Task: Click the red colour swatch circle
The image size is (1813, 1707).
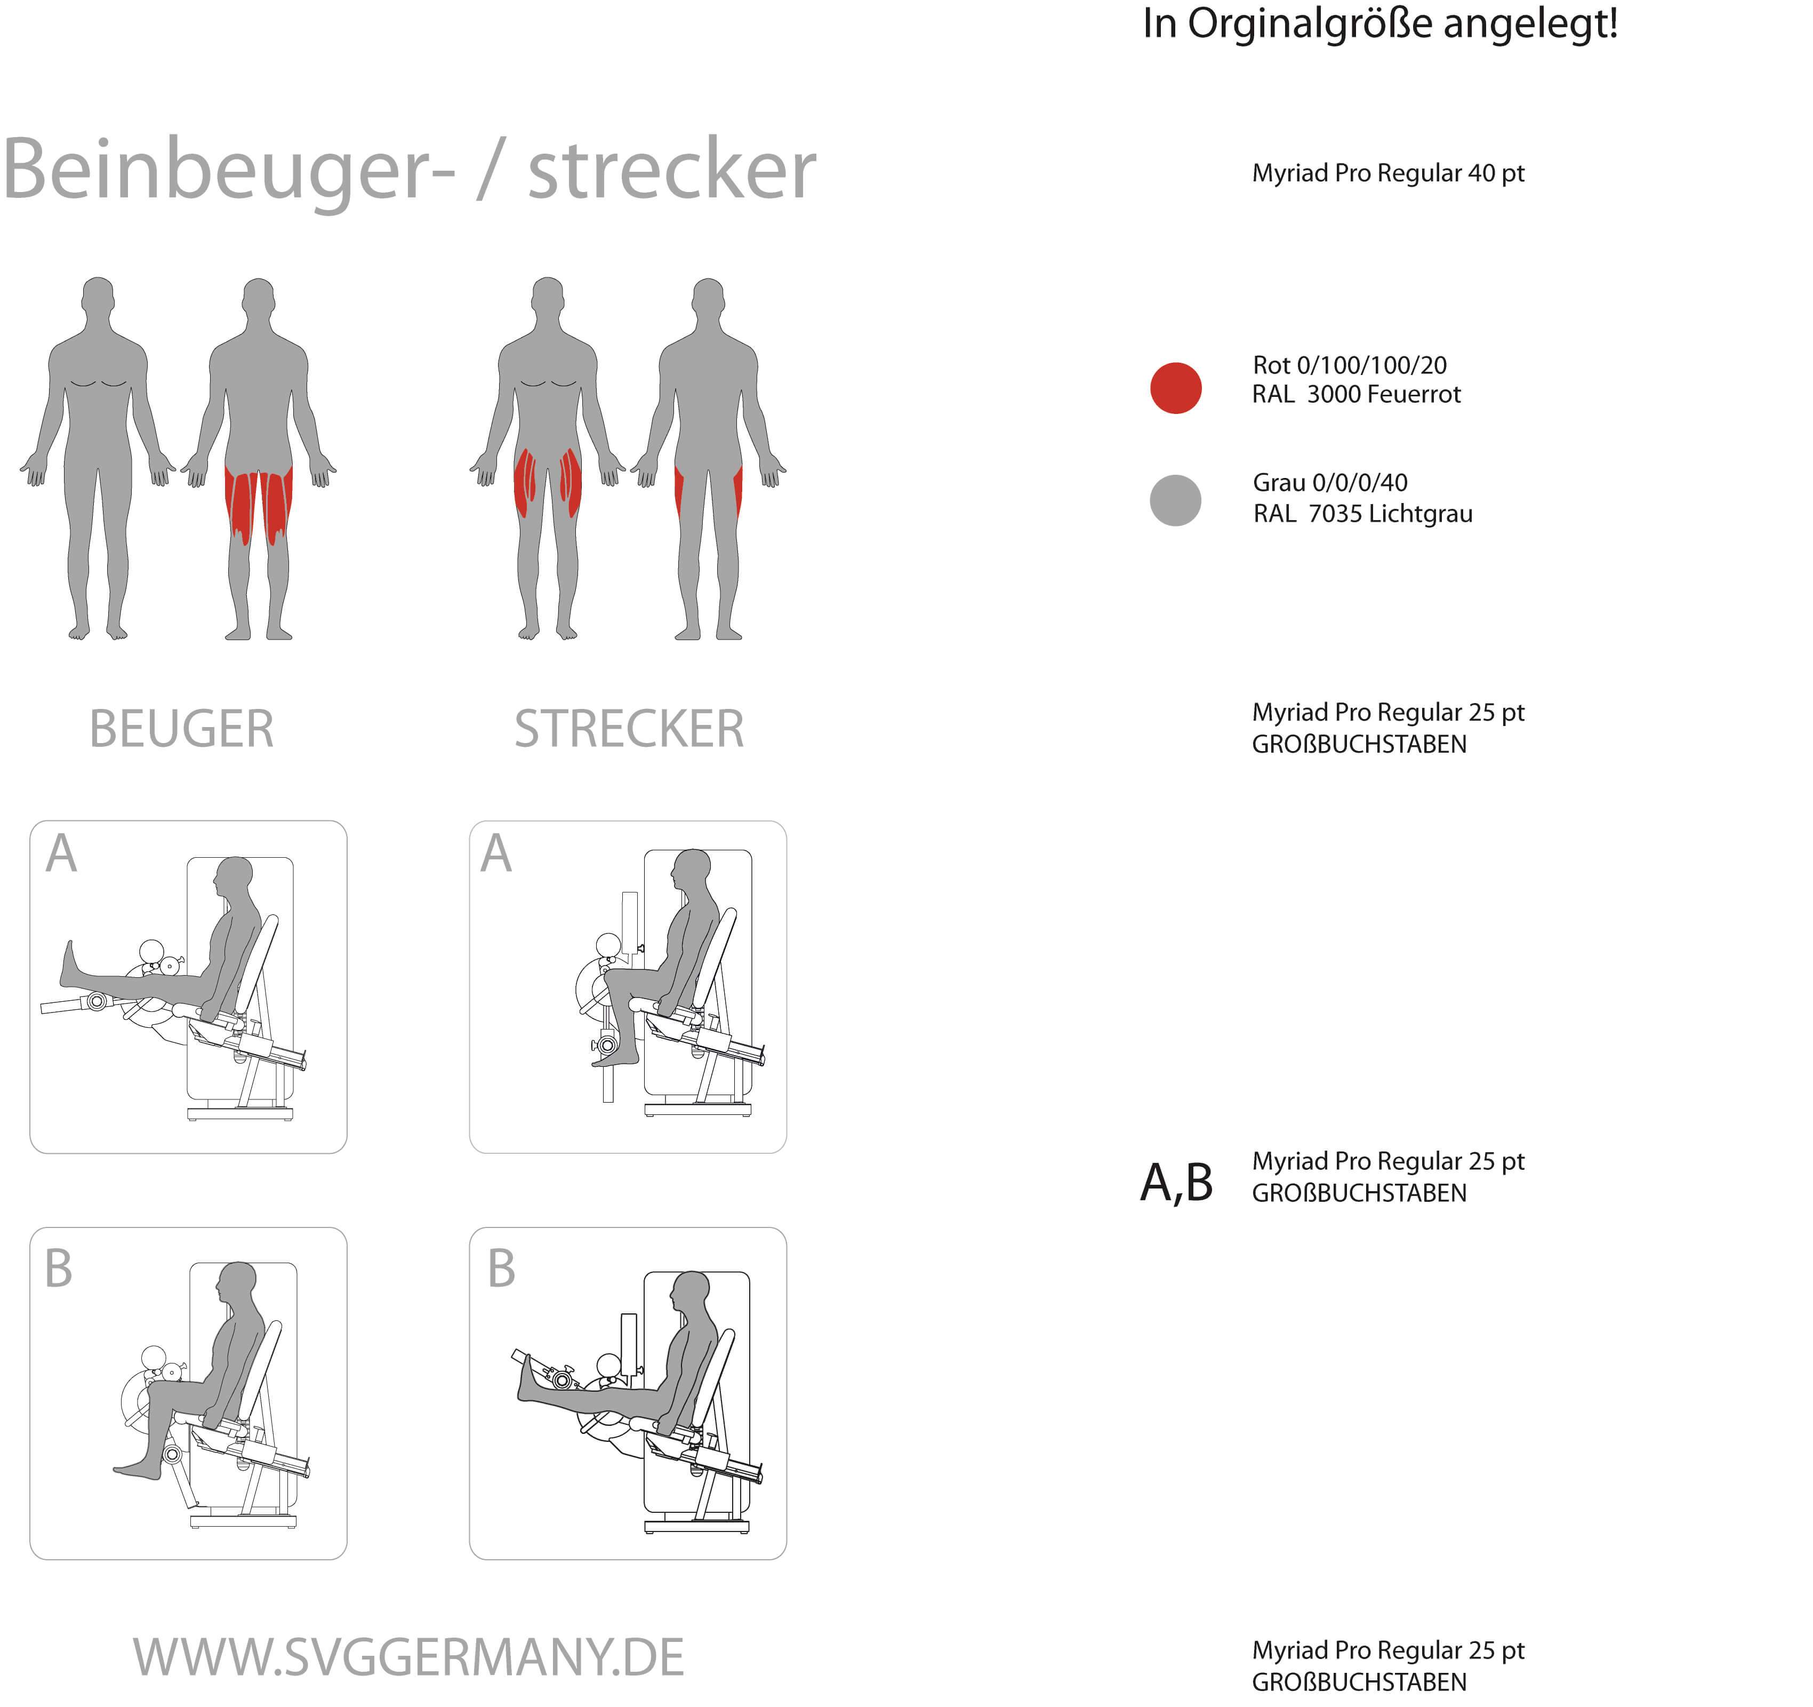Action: click(1176, 388)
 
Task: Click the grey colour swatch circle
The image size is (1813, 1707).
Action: click(1176, 500)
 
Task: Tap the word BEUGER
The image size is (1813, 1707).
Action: click(181, 729)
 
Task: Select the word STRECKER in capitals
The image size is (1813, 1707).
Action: click(629, 729)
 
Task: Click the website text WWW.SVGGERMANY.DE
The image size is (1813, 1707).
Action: click(408, 1658)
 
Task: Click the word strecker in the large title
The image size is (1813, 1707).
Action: click(672, 170)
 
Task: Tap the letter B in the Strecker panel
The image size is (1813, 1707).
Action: click(502, 1268)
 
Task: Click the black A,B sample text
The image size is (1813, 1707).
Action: click(1176, 1183)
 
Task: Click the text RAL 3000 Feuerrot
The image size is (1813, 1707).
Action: click(1356, 394)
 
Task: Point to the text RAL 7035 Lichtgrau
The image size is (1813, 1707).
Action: click(1362, 514)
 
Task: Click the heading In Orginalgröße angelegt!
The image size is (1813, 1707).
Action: click(1380, 23)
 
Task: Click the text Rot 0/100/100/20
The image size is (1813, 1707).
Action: click(1350, 365)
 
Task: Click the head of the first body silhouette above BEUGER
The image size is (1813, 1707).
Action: click(98, 297)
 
